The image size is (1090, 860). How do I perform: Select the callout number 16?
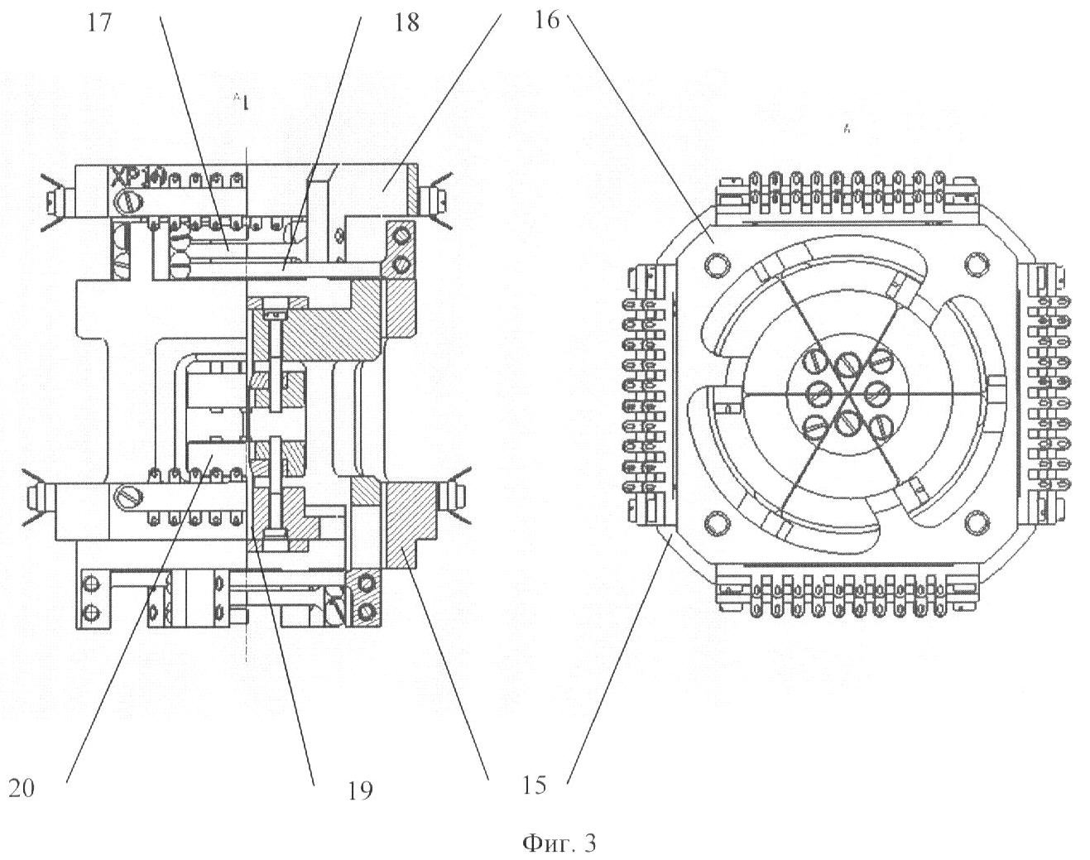click(546, 21)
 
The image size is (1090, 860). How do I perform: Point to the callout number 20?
click(22, 787)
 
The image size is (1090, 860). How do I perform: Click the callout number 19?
click(360, 790)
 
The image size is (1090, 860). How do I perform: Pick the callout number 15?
click(535, 784)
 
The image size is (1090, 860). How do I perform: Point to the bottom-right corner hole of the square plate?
click(977, 521)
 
